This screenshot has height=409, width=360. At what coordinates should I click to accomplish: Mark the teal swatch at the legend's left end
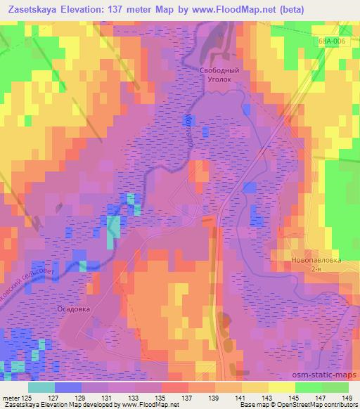[41, 387]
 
